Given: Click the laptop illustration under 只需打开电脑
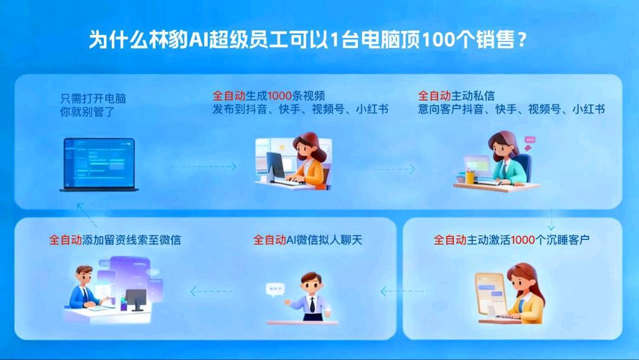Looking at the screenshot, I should tap(99, 165).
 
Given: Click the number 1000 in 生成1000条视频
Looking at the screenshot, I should tap(280, 95).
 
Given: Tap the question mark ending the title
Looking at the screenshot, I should tap(522, 40).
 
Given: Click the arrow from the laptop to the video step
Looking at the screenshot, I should tap(202, 167).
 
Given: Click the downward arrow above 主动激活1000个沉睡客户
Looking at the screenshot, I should tap(551, 220).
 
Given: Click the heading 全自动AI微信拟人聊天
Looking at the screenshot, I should tap(307, 240).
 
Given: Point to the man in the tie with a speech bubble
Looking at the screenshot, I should tap(309, 297).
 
